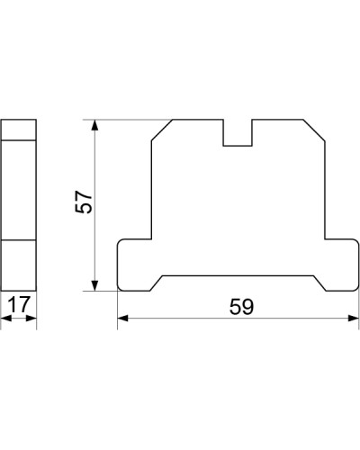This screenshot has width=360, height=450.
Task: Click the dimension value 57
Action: pyautogui.click(x=84, y=202)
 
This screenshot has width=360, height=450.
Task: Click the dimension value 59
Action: pyautogui.click(x=242, y=307)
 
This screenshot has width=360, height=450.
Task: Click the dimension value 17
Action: pyautogui.click(x=19, y=304)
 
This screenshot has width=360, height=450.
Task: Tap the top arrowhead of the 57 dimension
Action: pyautogui.click(x=94, y=125)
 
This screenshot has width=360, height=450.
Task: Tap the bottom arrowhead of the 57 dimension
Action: pyautogui.click(x=94, y=285)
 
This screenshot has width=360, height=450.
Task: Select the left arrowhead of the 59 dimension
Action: pyautogui.click(x=122, y=318)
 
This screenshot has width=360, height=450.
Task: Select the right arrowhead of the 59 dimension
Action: pyautogui.click(x=353, y=318)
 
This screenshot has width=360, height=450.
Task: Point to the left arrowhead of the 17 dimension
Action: pyautogui.click(x=6, y=318)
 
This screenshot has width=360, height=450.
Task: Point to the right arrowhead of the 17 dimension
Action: pyautogui.click(x=31, y=318)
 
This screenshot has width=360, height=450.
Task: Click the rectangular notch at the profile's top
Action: pyautogui.click(x=238, y=133)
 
